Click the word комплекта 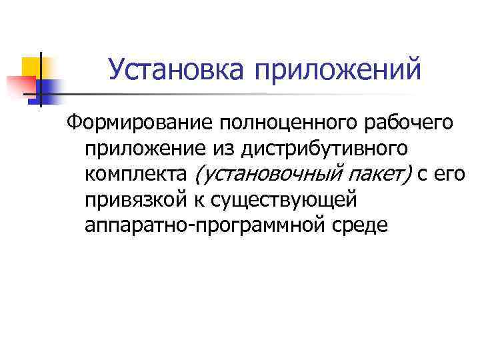137,175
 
